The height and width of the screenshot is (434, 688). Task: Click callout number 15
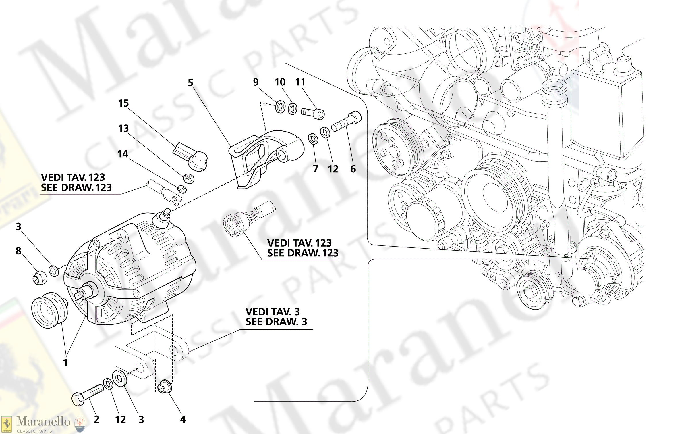point(123,103)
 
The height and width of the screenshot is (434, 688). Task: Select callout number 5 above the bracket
point(190,83)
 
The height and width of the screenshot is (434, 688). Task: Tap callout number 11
point(300,82)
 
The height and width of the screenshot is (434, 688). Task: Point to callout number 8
point(18,251)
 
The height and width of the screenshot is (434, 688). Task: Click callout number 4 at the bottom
point(183,419)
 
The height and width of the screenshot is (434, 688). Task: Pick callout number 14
point(123,154)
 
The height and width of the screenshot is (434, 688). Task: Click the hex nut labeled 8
point(39,277)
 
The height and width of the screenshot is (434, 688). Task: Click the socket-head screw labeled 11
point(313,113)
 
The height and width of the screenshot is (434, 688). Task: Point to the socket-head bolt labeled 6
point(347,122)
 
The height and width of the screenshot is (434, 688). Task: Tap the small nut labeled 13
point(189,178)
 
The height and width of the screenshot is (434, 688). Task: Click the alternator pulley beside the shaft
point(49,310)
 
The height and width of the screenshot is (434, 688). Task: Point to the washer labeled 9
point(280,107)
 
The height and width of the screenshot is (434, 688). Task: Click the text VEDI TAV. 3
point(272,312)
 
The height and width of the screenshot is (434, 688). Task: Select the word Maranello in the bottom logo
point(43,422)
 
